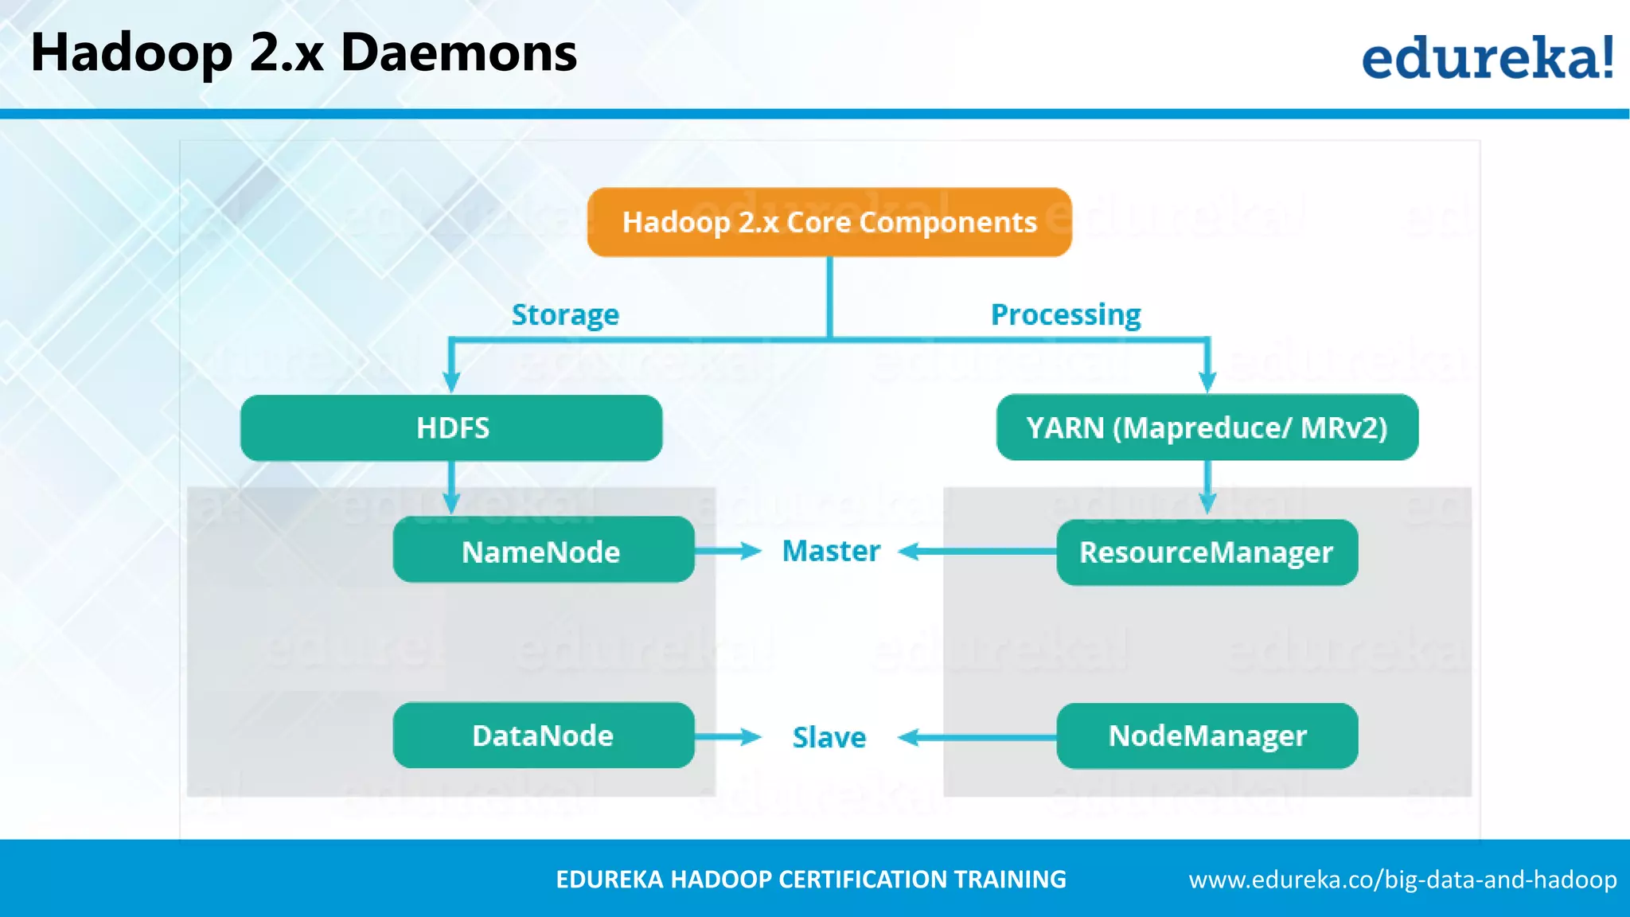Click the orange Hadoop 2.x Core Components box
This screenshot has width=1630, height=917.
coord(829,222)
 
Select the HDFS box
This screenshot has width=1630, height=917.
coord(451,428)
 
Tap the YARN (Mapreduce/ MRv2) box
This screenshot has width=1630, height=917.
coord(1207,427)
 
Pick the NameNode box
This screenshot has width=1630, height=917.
coord(543,550)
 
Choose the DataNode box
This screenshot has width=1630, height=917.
coord(543,736)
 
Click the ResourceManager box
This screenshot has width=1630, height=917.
coord(1207,552)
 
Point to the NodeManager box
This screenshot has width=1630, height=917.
coord(1207,736)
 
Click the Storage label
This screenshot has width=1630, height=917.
coord(565,315)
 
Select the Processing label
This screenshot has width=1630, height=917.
coord(1066,315)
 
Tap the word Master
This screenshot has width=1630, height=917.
coord(831,551)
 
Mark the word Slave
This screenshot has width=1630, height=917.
coord(829,738)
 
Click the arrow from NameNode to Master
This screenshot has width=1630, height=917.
coord(727,551)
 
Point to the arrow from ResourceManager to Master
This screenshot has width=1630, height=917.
coord(977,552)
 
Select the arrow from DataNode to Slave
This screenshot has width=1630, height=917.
coord(727,737)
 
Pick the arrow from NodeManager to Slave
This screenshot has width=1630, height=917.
coord(977,738)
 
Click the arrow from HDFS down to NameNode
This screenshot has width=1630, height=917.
coord(451,487)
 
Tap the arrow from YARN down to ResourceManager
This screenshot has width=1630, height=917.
coord(1207,487)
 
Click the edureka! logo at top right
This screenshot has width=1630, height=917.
coord(1487,57)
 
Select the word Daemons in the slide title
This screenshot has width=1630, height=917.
coord(458,53)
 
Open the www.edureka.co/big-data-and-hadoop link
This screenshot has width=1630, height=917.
coord(1402,880)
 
